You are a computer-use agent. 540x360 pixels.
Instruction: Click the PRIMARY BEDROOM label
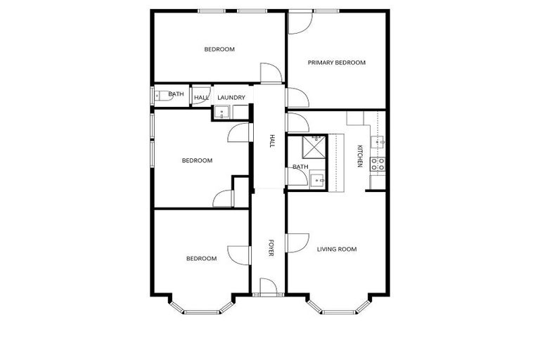[337, 63]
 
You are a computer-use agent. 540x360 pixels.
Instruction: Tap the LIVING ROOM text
[337, 249]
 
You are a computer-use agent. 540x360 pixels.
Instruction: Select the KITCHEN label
[359, 155]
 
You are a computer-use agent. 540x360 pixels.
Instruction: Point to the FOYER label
[270, 248]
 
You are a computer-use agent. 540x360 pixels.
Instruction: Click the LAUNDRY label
[231, 97]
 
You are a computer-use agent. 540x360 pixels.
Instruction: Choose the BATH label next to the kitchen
[300, 167]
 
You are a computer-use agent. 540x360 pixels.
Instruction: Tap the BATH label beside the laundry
[176, 94]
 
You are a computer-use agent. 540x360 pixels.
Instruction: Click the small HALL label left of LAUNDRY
[201, 98]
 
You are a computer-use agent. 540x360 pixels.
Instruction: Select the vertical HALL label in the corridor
[271, 141]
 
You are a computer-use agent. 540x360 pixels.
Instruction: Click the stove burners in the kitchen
[378, 165]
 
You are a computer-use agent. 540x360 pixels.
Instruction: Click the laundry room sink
[221, 112]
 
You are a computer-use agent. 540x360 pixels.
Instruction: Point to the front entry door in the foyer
[268, 287]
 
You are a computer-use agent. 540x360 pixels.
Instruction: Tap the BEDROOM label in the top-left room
[219, 49]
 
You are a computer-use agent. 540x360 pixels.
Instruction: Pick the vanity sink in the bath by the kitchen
[317, 179]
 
